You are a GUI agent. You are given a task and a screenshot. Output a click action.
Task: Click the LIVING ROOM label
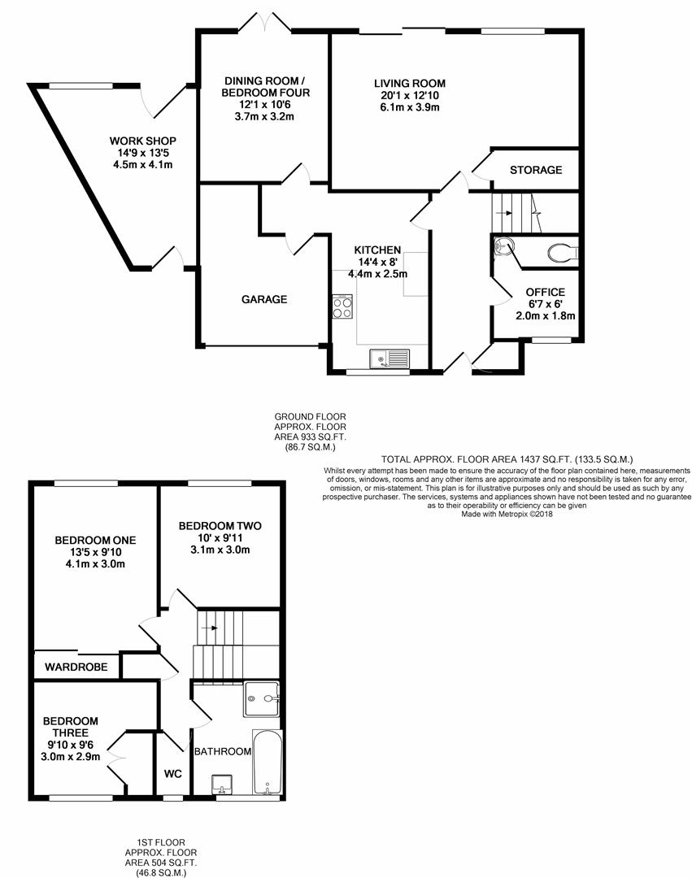tap(410, 84)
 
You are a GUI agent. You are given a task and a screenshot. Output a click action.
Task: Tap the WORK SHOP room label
tap(143, 141)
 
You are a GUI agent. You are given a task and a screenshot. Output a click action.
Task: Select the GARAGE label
tap(264, 299)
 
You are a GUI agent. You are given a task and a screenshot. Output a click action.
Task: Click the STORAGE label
tap(536, 170)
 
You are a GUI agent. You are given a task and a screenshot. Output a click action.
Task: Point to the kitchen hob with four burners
tap(342, 306)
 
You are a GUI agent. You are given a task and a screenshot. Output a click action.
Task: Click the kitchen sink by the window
tap(390, 359)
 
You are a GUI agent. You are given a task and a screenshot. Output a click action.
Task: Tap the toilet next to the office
tap(562, 253)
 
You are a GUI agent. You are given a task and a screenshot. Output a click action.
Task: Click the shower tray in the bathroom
tap(262, 699)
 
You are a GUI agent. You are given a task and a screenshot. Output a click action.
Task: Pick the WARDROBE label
tap(76, 667)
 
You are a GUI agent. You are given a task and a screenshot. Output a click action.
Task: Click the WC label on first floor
tap(173, 774)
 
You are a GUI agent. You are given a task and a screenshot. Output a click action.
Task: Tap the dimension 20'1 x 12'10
tap(410, 95)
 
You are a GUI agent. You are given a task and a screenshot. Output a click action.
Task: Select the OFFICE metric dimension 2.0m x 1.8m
tap(546, 315)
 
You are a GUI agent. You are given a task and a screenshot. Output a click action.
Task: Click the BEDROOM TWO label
tap(220, 526)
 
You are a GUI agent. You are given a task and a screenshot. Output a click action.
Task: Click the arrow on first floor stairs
tap(210, 628)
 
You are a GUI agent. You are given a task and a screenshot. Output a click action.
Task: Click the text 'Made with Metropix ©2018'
tap(507, 514)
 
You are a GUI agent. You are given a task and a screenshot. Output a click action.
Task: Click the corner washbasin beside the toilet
tap(503, 246)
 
